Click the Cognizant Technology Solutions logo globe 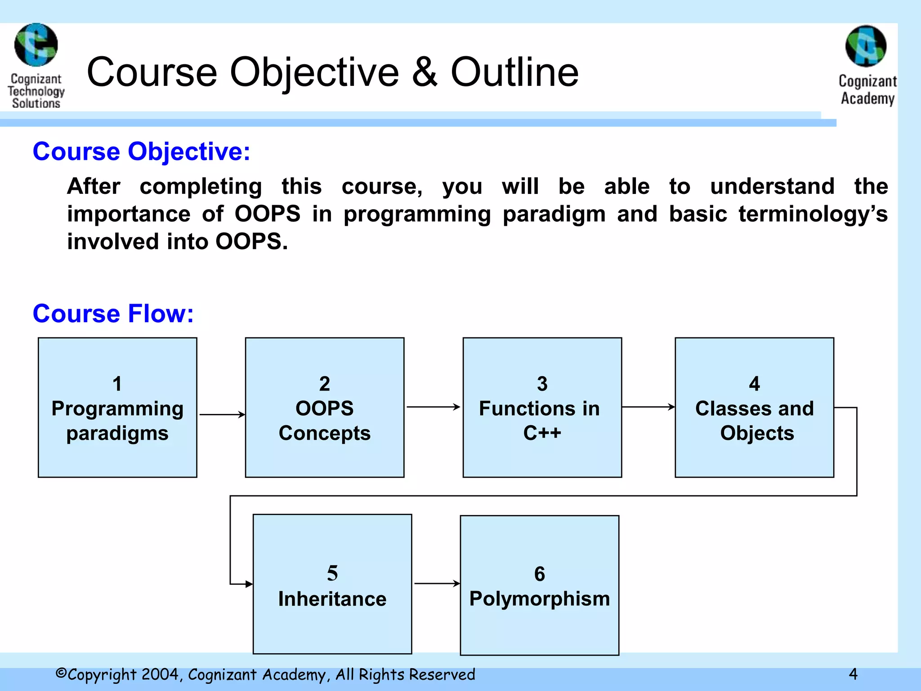coord(36,45)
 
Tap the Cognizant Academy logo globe coord(866,46)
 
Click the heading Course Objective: coord(141,152)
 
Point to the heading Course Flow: coord(113,314)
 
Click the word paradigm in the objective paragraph coord(554,214)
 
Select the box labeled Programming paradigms coord(117,407)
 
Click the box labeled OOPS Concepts coord(324,407)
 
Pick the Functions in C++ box coord(542,407)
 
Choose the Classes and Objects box coord(754,407)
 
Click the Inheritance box coord(332,584)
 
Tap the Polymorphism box coord(539,585)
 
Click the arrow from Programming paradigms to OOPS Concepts coord(222,414)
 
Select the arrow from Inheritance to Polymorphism coord(436,583)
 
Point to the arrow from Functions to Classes coord(648,407)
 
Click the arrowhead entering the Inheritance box coord(249,584)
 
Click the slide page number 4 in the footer coord(853,674)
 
